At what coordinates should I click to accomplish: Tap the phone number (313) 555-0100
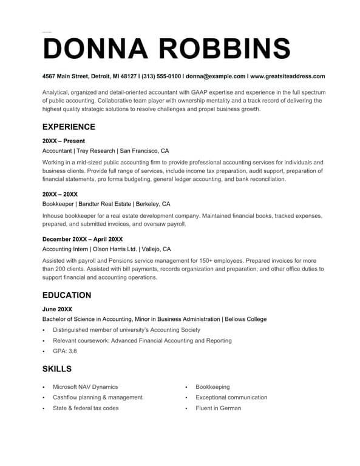(x=161, y=76)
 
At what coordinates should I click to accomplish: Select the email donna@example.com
(x=216, y=76)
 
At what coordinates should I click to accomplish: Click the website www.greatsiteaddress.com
(x=287, y=76)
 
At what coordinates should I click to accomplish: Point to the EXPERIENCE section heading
(x=69, y=127)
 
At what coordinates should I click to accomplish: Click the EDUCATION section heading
(x=67, y=295)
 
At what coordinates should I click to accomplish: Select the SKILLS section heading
(x=57, y=369)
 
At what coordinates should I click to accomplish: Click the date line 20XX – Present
(x=64, y=141)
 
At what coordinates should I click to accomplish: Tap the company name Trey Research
(x=96, y=150)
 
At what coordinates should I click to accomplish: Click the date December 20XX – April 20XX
(x=83, y=239)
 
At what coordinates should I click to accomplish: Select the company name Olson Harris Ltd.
(x=117, y=249)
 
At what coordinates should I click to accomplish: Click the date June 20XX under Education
(x=57, y=309)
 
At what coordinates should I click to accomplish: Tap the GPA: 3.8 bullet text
(x=65, y=351)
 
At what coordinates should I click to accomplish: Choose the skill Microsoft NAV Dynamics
(x=86, y=387)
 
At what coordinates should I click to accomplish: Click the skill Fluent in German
(x=218, y=408)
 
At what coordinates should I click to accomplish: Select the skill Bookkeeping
(x=212, y=387)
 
